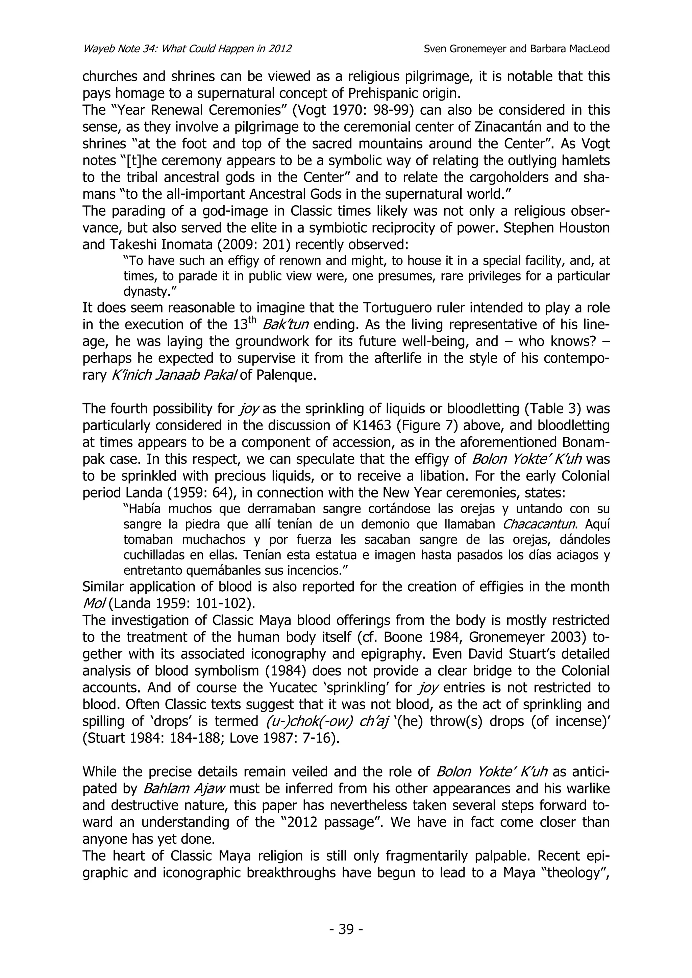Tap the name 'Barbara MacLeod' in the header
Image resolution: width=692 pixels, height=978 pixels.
570,49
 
